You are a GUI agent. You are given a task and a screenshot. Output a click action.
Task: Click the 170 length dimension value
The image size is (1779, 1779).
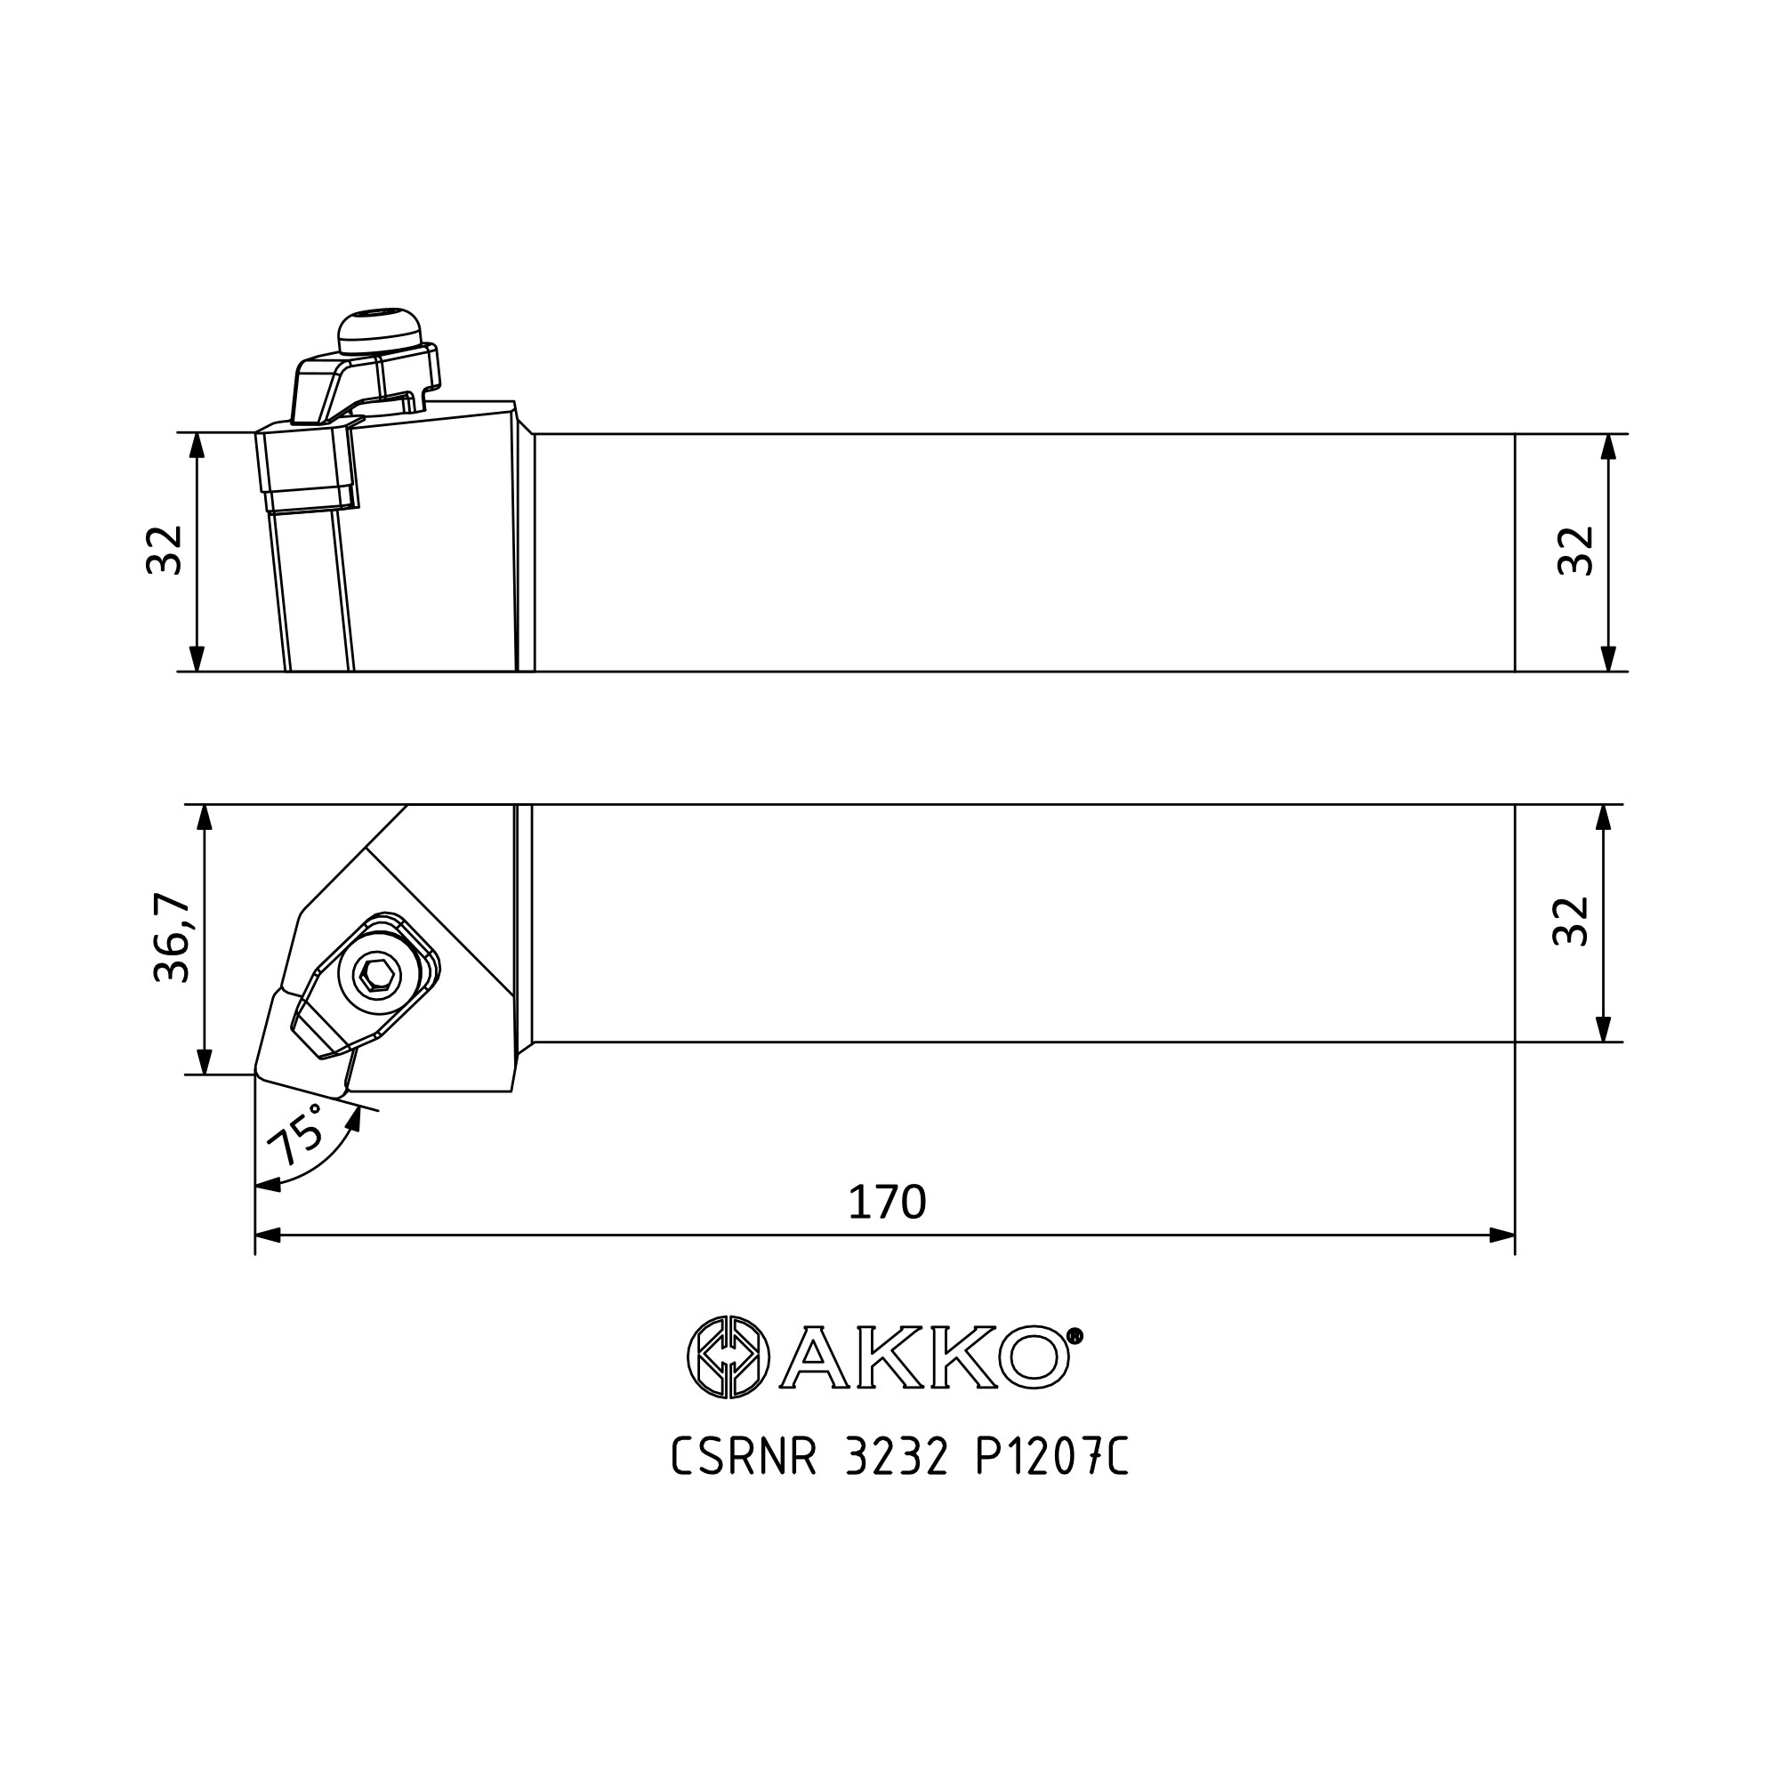[x=887, y=1202]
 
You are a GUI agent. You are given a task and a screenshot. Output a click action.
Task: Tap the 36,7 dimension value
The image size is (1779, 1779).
[x=172, y=938]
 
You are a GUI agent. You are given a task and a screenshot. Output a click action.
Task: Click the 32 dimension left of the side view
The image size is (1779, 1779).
[x=165, y=551]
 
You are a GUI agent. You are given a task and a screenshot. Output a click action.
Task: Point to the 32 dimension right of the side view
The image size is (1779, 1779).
[x=1575, y=551]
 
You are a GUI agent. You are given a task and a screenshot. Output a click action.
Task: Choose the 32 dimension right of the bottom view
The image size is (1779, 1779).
[x=1571, y=921]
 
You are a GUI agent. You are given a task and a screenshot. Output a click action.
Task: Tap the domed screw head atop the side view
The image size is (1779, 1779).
[x=380, y=330]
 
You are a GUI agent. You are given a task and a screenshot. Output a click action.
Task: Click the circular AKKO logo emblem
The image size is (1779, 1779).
[x=729, y=1356]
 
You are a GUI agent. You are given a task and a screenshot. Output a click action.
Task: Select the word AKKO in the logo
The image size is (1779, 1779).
[x=924, y=1356]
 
